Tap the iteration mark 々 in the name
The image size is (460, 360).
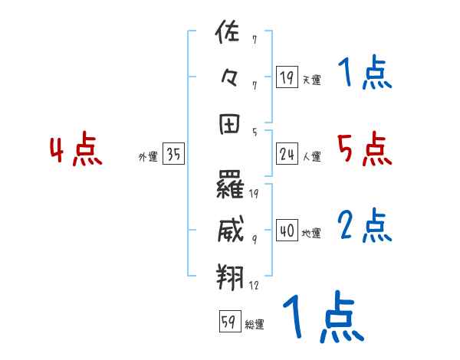(230, 78)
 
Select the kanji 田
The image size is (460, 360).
(230, 123)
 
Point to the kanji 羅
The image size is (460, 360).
(230, 184)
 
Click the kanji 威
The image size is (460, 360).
(230, 228)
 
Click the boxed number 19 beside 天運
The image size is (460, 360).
(287, 77)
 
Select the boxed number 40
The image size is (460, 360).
(287, 231)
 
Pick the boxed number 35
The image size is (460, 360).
(173, 155)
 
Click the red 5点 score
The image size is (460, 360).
(364, 149)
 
